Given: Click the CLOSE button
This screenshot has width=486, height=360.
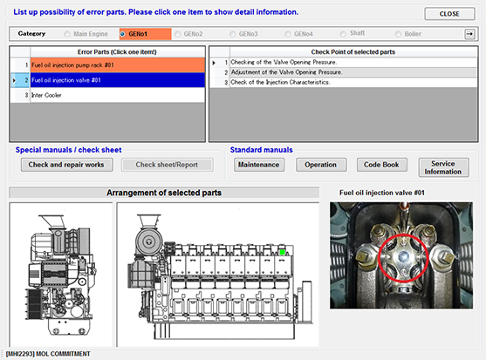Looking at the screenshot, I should click(449, 14).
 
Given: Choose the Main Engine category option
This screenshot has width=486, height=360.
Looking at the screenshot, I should click(67, 33).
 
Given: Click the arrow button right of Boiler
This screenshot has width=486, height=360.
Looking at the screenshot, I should click(469, 33).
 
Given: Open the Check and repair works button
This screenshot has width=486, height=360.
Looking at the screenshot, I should click(66, 164).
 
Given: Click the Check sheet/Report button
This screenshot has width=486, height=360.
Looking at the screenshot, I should click(167, 164).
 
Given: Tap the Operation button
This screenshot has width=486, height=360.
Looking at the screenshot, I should click(320, 164).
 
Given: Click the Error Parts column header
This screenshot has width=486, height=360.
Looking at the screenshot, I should click(107, 52).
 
